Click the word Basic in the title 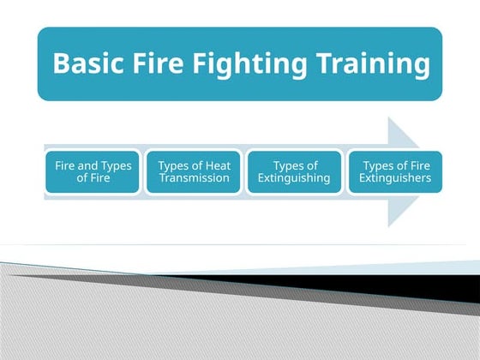point(86,64)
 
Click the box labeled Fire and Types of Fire point(93,171)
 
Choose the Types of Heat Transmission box point(195,171)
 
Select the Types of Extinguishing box point(294,171)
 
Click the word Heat point(217,165)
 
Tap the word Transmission point(195,178)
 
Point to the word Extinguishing point(294,178)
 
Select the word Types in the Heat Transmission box point(175,165)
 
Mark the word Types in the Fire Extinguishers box point(379,165)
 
